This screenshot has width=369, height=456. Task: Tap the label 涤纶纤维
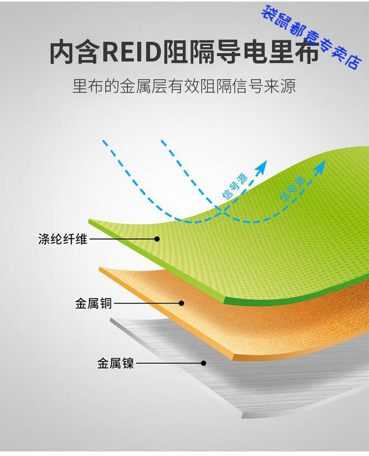62,239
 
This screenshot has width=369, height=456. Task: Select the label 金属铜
93,304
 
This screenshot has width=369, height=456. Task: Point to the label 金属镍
116,363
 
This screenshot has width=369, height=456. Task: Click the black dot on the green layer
157,239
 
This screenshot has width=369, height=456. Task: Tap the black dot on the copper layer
181,304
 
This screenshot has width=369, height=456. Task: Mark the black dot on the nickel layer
204,363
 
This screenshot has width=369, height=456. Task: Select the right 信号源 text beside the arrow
293,189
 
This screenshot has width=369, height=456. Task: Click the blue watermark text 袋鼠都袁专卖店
311,37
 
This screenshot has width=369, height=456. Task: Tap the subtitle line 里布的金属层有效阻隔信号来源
184,87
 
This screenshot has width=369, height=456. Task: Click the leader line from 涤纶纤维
122,239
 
